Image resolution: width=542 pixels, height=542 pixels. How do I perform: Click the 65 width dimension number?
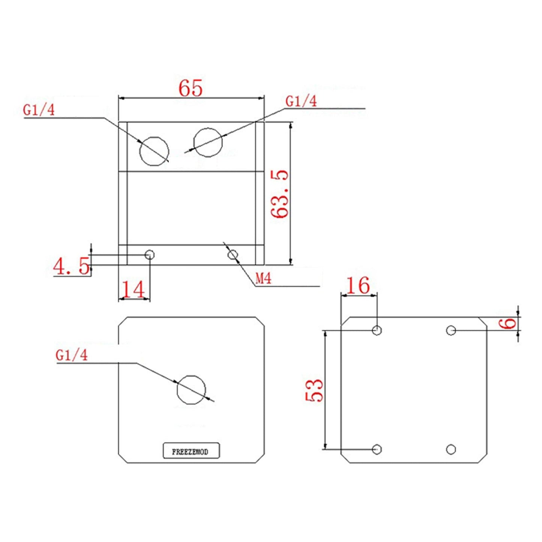click(191, 89)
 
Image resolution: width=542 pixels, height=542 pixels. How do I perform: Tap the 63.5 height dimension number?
click(280, 194)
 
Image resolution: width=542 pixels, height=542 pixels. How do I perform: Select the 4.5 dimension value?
click(71, 266)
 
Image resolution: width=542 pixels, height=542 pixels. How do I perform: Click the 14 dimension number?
click(133, 290)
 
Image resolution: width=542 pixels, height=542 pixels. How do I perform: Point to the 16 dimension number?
click(358, 286)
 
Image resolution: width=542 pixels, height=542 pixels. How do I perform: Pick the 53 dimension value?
click(314, 390)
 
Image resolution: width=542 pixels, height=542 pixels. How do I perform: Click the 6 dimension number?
click(509, 323)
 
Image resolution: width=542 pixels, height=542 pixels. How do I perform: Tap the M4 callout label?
click(263, 278)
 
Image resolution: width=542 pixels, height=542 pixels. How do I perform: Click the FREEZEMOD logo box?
click(191, 451)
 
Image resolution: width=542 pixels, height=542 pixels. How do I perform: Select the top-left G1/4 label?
click(39, 110)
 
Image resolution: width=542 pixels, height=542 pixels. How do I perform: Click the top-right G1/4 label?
click(301, 101)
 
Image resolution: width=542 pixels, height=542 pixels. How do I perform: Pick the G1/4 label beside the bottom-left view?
click(71, 355)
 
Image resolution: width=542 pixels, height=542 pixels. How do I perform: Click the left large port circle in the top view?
click(154, 151)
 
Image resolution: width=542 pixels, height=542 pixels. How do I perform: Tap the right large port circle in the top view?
click(208, 142)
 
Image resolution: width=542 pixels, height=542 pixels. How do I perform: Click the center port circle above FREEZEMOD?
click(191, 390)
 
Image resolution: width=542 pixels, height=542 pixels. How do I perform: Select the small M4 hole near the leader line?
click(233, 255)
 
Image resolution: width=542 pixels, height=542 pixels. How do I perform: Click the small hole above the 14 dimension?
click(150, 255)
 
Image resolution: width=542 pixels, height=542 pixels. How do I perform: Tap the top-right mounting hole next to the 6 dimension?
click(451, 330)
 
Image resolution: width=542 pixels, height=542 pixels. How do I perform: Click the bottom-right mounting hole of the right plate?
click(451, 449)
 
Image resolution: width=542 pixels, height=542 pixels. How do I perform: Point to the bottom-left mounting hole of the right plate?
click(377, 449)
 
